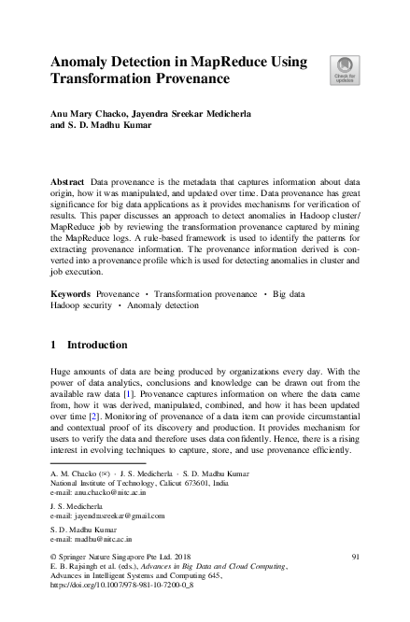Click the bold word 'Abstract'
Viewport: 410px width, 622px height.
(x=66, y=177)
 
